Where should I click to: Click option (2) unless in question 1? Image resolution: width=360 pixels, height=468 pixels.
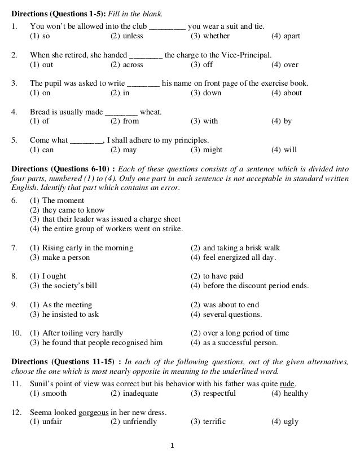tap(126, 36)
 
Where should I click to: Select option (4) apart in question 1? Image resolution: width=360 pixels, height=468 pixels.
tap(286, 36)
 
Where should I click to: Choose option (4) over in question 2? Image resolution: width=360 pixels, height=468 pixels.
tap(285, 65)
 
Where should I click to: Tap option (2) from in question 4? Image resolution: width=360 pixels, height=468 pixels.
tap(125, 121)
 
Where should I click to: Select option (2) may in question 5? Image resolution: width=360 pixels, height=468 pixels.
tap(124, 150)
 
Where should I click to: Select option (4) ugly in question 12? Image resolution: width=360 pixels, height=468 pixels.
tap(285, 421)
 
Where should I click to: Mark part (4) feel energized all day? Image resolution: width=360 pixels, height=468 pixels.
tap(233, 258)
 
